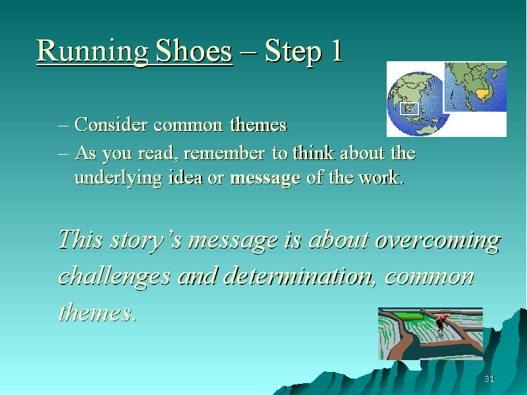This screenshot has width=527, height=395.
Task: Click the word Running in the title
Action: (x=92, y=52)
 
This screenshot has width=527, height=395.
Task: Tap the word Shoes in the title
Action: (x=194, y=51)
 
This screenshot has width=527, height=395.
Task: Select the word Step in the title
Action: (x=293, y=52)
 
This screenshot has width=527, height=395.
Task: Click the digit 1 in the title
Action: (x=337, y=51)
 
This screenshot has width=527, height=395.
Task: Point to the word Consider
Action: (x=111, y=124)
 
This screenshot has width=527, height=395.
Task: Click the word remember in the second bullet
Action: (x=224, y=153)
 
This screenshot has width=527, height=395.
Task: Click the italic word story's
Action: (x=146, y=240)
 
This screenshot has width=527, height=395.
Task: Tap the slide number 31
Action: (x=489, y=379)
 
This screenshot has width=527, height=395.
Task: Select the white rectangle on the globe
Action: (x=409, y=109)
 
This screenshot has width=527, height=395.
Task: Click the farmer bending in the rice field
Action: (x=442, y=323)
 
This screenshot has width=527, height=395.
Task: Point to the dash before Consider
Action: (x=63, y=126)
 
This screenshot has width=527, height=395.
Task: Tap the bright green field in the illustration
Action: (x=407, y=316)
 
